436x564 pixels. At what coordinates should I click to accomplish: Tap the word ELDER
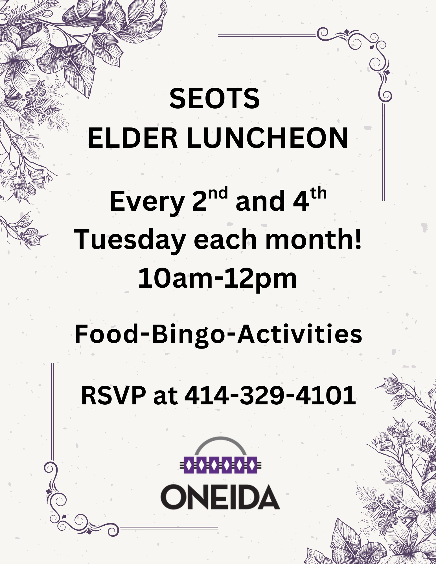coord(133,138)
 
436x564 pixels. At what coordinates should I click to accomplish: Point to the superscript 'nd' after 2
coord(218,193)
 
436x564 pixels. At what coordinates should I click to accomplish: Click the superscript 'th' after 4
coord(318,193)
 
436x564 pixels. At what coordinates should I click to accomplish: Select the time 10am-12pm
coord(218,279)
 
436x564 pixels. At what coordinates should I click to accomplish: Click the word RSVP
coord(113,395)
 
